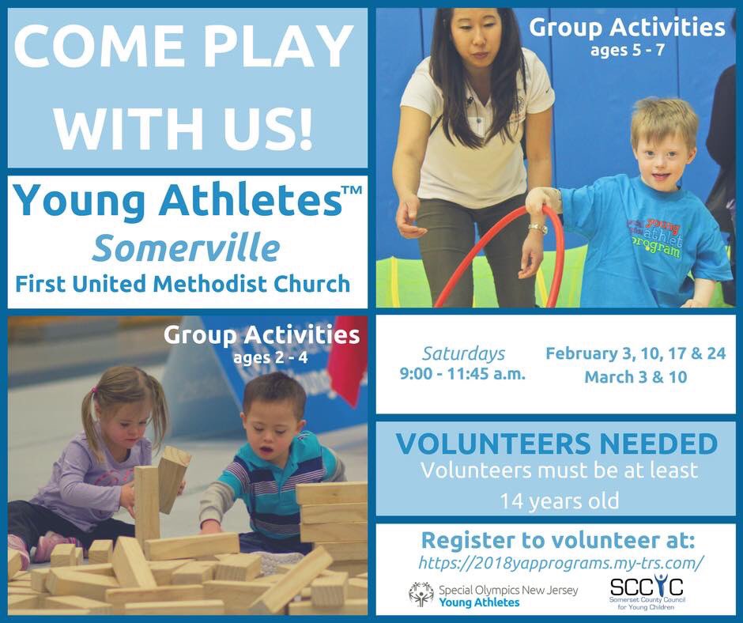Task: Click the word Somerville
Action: [186, 247]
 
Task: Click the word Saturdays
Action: [463, 353]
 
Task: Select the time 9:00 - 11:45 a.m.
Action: [463, 373]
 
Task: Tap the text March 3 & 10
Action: [635, 377]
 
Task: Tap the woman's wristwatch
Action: [538, 228]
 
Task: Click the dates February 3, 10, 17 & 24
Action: [635, 353]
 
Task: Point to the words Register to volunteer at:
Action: [557, 541]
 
